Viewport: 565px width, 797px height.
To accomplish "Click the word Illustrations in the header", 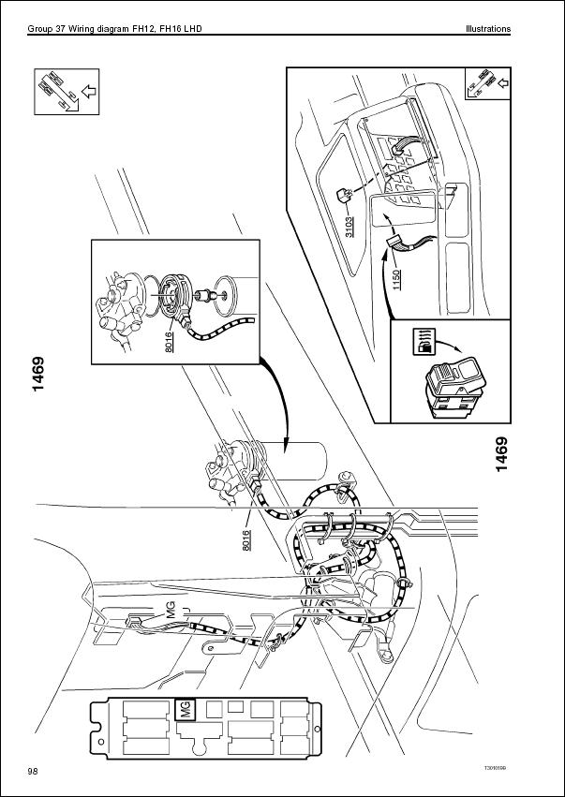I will click(488, 29).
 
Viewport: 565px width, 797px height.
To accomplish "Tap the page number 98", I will click(33, 770).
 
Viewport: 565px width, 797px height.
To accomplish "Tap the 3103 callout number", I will click(349, 225).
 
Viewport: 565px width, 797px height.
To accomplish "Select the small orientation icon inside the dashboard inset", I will click(487, 86).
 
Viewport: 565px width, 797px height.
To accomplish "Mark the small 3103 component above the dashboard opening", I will click(343, 194).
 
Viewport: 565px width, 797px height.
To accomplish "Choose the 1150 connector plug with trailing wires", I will click(397, 244).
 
